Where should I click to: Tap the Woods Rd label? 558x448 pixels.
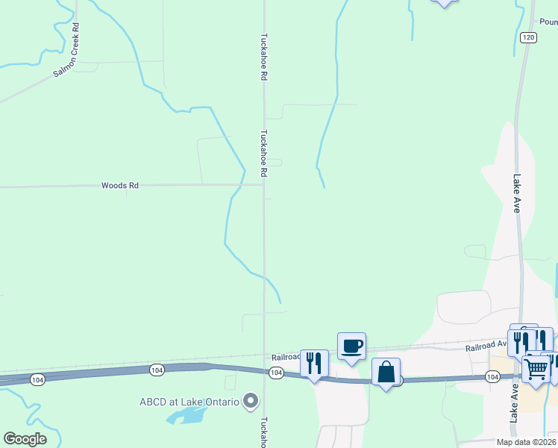point(120,185)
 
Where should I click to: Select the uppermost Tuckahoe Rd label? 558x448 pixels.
point(263,57)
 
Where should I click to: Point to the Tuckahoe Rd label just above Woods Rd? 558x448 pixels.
point(263,153)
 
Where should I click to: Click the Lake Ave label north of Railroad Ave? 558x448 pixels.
point(516,193)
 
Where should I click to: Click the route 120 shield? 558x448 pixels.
point(528,37)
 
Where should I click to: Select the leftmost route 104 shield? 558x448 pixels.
point(37,380)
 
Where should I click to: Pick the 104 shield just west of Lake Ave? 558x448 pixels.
point(492,377)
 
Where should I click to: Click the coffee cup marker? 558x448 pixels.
point(351,346)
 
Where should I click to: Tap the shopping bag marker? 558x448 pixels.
point(386,372)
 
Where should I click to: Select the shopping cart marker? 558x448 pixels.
point(536,367)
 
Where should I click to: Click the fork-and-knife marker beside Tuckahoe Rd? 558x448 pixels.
point(314,364)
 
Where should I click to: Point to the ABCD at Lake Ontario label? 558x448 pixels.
point(189,402)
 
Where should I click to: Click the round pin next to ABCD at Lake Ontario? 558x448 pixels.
point(251,402)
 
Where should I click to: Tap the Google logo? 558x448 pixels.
point(25,439)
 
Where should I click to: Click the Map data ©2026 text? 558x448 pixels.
point(526,442)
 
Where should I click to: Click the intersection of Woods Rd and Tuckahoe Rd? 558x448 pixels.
point(263,185)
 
